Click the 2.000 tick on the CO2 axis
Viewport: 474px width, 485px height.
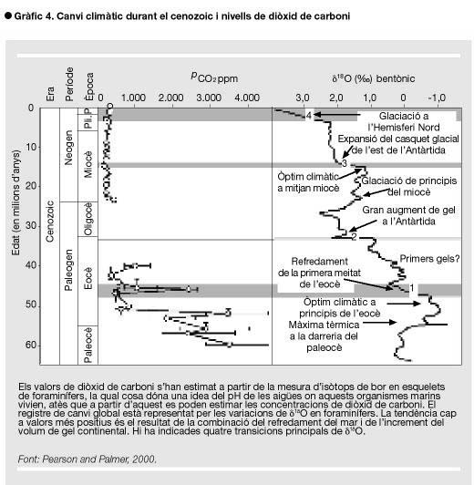pyautogui.click(x=171, y=98)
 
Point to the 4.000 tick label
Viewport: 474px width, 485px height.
pyautogui.click(x=247, y=98)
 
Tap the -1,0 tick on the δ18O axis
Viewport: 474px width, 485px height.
pyautogui.click(x=437, y=98)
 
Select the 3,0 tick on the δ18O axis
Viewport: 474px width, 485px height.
pyautogui.click(x=303, y=98)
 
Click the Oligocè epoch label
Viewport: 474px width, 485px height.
pyautogui.click(x=88, y=219)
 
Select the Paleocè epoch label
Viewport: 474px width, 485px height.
pyautogui.click(x=88, y=346)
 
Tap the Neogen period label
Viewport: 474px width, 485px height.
pyautogui.click(x=68, y=148)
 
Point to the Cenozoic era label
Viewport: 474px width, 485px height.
pyautogui.click(x=50, y=222)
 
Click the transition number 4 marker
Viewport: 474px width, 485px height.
pyautogui.click(x=309, y=116)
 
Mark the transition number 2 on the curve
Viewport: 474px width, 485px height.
pyautogui.click(x=354, y=237)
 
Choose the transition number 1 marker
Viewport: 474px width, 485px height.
pyautogui.click(x=411, y=288)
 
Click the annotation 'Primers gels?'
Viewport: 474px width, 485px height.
pyautogui.click(x=429, y=259)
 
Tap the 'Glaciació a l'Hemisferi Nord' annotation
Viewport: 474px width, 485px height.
pyautogui.click(x=404, y=121)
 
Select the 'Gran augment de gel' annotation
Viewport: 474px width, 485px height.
pyautogui.click(x=408, y=210)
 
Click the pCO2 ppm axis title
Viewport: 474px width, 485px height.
pyautogui.click(x=214, y=77)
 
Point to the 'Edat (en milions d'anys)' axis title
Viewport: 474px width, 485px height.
pyautogui.click(x=15, y=203)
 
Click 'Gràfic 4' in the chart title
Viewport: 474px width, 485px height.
pyautogui.click(x=35, y=16)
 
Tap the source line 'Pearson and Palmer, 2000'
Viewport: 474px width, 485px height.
pyautogui.click(x=99, y=459)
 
